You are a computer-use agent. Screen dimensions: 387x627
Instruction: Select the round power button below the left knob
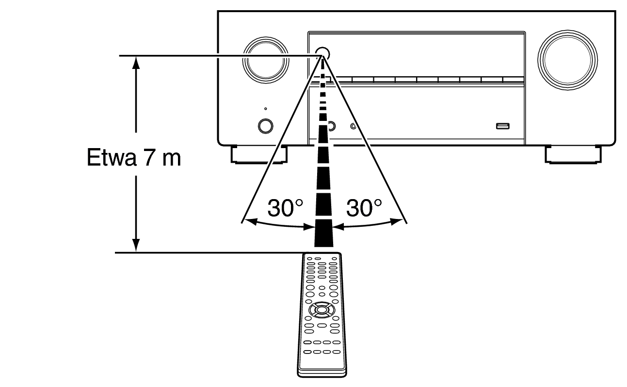[x=265, y=125]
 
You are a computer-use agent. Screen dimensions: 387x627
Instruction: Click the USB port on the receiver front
[x=502, y=127]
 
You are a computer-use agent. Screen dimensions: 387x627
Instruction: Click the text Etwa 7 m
[x=134, y=158]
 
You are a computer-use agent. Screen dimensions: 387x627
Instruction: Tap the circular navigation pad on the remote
[x=320, y=309]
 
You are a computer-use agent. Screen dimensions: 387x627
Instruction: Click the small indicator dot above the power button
[x=265, y=109]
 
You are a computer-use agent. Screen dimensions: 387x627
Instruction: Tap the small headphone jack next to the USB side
[x=353, y=127]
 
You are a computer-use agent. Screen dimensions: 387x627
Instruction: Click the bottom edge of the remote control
[x=322, y=375]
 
